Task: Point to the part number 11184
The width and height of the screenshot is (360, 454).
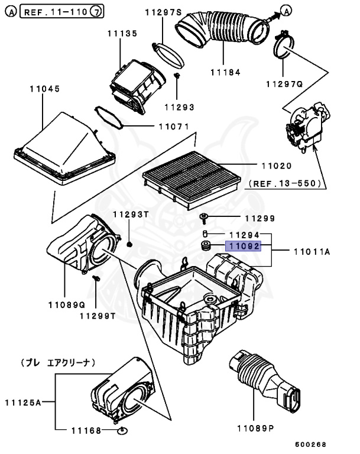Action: click(x=223, y=73)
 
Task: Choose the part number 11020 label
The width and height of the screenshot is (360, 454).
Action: click(x=272, y=166)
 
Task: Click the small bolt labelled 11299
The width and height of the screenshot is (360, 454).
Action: click(x=204, y=218)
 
